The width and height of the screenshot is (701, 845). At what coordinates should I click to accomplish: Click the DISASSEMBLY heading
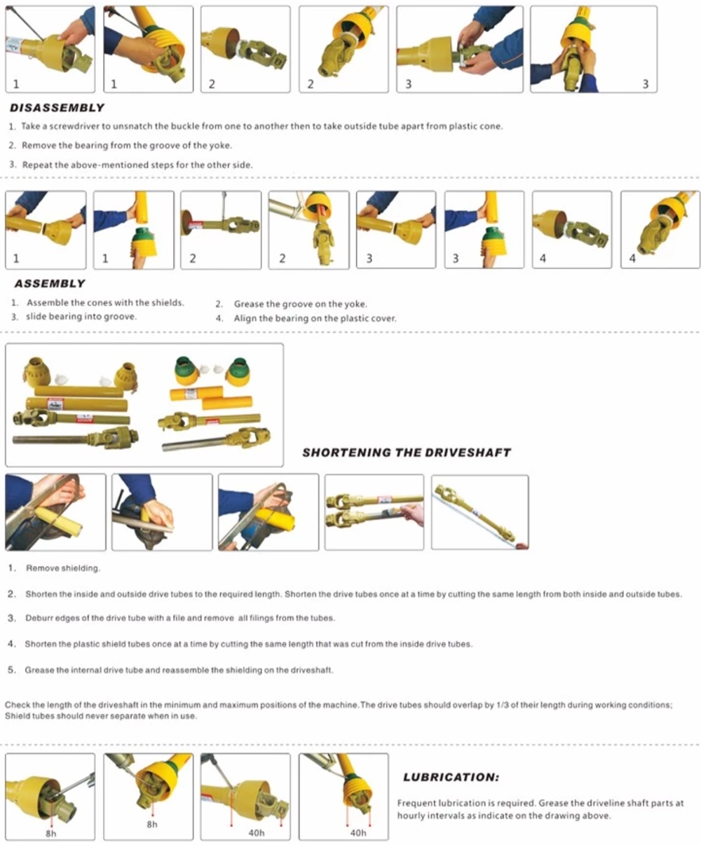point(57,108)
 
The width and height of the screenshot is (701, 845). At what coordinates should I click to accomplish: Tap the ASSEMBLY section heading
point(49,284)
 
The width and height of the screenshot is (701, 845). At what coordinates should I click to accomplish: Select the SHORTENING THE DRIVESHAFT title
point(406,453)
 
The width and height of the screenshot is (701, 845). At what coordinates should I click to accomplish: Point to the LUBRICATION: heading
point(451,777)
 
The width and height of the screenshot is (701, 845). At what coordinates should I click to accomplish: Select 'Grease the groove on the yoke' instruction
point(300,304)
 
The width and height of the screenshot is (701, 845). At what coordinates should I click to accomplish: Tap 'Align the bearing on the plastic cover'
point(315,318)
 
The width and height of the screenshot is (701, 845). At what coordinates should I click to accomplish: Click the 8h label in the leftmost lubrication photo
point(51,834)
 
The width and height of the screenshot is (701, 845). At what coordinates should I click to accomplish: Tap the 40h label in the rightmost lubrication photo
point(358,833)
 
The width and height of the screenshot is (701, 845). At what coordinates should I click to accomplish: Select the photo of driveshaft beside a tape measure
point(479,512)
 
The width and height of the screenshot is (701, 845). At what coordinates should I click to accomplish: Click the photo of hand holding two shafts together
point(374,512)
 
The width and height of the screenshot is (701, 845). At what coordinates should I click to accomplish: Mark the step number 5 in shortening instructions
point(11,670)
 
